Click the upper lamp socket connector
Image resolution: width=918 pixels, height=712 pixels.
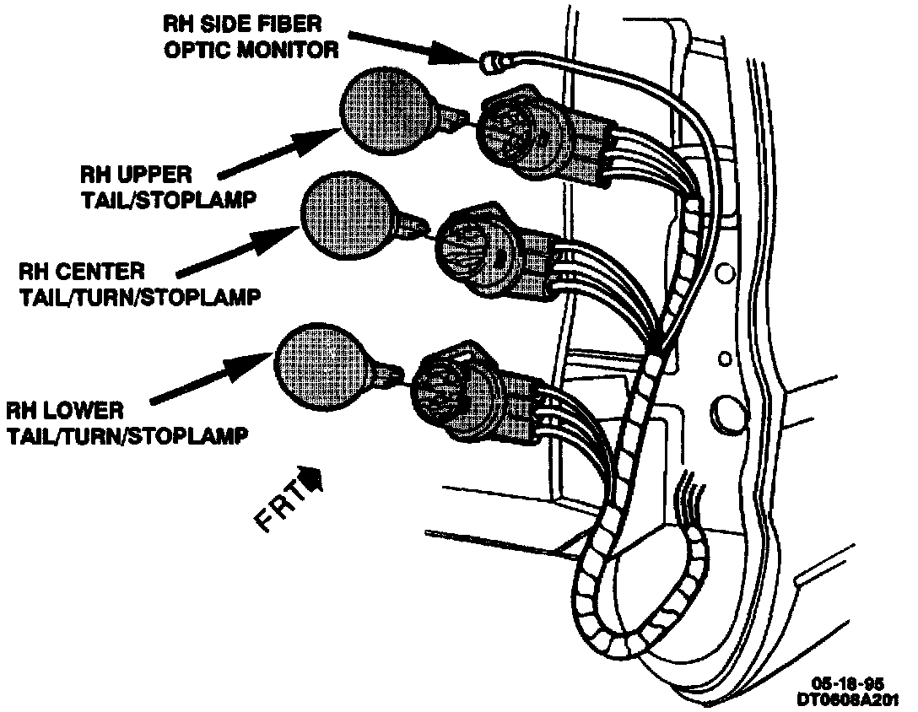tap(520, 135)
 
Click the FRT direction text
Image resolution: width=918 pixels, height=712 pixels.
tap(278, 509)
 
